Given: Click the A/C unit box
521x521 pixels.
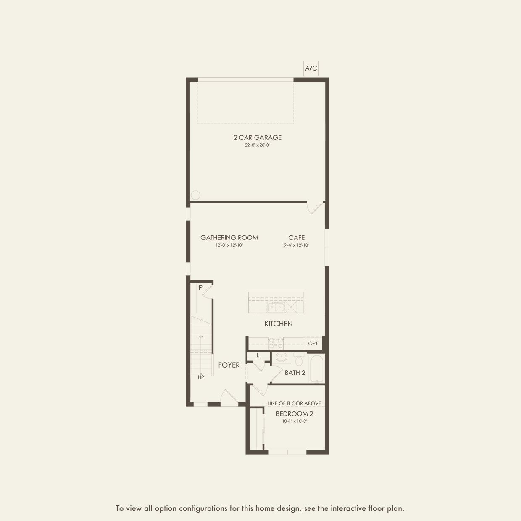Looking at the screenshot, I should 311,68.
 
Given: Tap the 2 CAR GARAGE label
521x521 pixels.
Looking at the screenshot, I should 258,137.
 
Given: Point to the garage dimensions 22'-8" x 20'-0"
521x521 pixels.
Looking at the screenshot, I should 258,145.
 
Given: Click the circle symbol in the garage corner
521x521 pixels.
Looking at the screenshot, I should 196,195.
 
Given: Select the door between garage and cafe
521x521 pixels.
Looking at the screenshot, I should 315,208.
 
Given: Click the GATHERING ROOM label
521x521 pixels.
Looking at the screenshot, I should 229,237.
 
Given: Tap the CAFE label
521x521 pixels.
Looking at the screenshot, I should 297,237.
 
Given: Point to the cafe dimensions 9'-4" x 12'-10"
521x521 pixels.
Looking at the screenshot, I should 297,245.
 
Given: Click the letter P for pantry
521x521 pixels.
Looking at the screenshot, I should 200,288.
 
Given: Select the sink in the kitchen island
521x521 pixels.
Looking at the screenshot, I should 275,308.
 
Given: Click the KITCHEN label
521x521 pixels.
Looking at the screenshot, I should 278,324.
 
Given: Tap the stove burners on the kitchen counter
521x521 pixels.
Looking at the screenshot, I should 276,343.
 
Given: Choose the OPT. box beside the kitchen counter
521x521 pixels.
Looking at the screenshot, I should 313,343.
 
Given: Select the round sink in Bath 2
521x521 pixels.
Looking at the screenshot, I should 282,358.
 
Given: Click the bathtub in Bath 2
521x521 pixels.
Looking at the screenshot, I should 316,368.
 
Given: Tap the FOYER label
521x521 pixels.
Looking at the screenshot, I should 229,365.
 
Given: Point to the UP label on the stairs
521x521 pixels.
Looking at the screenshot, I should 201,377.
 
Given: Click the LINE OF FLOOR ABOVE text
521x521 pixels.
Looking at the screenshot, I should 294,403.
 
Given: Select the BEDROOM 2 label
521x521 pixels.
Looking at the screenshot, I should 294,413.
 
